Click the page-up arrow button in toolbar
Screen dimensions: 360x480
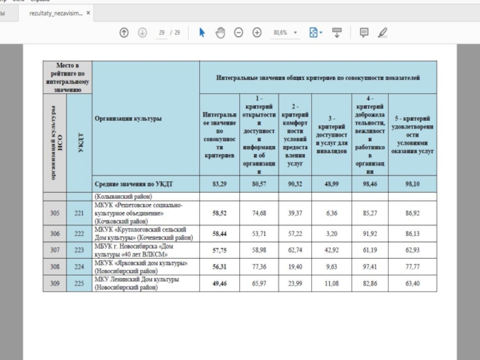coord(124,33)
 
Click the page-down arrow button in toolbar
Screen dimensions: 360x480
coord(142,33)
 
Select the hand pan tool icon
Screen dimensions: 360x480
coord(220,33)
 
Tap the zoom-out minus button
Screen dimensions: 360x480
coord(238,33)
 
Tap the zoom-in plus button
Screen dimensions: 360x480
coord(257,33)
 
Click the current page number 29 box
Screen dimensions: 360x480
coord(162,33)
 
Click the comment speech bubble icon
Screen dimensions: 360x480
coord(364,33)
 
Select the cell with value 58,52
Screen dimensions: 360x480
coord(219,212)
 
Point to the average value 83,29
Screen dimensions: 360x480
coord(219,184)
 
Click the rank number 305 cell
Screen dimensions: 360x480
coord(55,212)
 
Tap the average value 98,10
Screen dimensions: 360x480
coord(412,184)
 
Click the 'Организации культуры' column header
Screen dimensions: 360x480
coord(128,119)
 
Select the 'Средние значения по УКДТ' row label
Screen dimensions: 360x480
coord(128,184)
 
